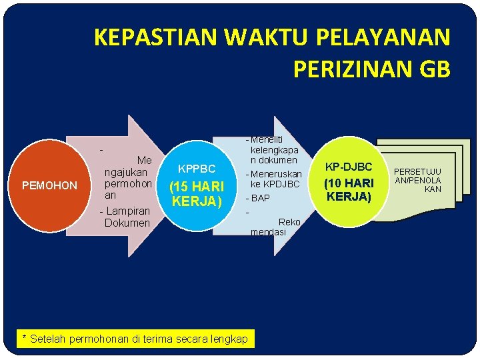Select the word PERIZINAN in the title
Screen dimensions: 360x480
354,68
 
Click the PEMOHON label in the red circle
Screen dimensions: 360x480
49,185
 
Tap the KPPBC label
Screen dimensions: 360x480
197,169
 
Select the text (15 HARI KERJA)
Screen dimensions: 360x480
197,193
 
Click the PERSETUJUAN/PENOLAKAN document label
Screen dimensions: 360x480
419,180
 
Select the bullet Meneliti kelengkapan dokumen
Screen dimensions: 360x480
273,150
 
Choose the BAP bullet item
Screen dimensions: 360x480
260,198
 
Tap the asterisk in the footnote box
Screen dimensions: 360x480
25,338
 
